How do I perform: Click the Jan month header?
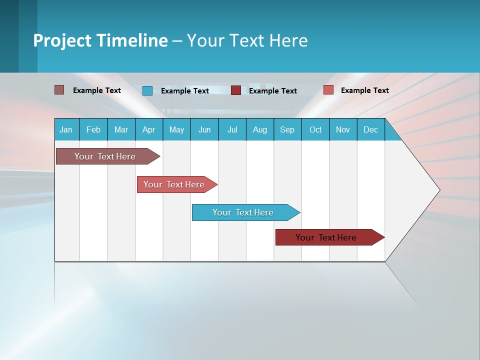click(x=66, y=129)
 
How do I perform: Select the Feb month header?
click(x=93, y=129)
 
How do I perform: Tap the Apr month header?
click(x=148, y=129)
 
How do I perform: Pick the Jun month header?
click(x=204, y=129)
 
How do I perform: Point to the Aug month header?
click(x=259, y=129)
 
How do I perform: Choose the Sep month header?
click(x=287, y=129)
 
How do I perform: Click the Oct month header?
click(x=315, y=129)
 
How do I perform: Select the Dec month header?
click(x=370, y=129)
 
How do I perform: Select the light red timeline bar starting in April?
click(x=175, y=184)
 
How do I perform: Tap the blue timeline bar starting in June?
click(x=244, y=212)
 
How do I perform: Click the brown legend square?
click(x=59, y=90)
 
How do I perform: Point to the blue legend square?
click(x=147, y=90)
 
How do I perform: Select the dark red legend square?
click(x=236, y=90)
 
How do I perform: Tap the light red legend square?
click(x=328, y=90)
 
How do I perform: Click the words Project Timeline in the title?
click(x=100, y=40)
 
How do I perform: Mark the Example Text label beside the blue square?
click(x=184, y=90)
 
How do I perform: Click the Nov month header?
click(x=342, y=129)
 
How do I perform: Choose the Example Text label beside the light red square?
click(x=364, y=90)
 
